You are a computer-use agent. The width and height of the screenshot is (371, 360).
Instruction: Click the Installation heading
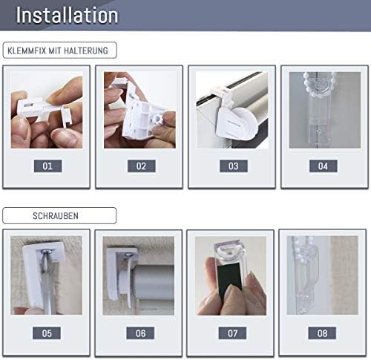pos(67,16)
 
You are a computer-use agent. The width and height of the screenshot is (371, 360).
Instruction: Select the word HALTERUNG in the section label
pos(86,50)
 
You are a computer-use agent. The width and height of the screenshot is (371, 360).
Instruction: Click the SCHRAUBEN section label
pos(56,216)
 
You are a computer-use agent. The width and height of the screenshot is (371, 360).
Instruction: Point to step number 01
pos(47,166)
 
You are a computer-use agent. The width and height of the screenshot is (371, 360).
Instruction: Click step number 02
pos(141,166)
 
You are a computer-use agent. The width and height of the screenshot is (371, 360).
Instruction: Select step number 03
pos(234,166)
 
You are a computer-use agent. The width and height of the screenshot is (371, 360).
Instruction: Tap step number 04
pos(323,166)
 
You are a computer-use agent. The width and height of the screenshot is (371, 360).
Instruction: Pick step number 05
pos(47,333)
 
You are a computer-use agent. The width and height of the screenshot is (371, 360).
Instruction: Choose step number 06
pos(140,333)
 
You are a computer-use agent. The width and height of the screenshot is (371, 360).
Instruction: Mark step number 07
pos(232,333)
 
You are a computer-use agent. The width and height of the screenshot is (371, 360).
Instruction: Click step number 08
pos(322,333)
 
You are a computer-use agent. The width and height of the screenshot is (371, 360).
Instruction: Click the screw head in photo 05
pos(47,252)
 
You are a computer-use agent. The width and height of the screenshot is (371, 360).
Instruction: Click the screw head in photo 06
pos(128,255)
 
